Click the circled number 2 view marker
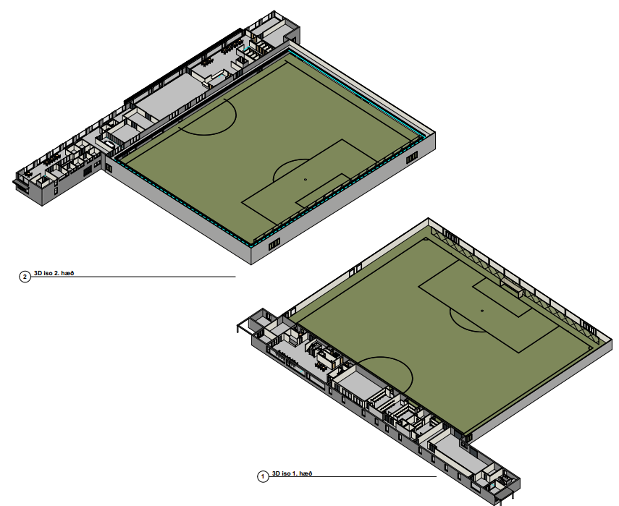[x=25, y=277]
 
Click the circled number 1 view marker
[x=263, y=477]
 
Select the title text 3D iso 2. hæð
[x=54, y=273]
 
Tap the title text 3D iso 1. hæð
[x=292, y=473]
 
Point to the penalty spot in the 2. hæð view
[x=305, y=180]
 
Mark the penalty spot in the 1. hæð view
[x=482, y=310]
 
